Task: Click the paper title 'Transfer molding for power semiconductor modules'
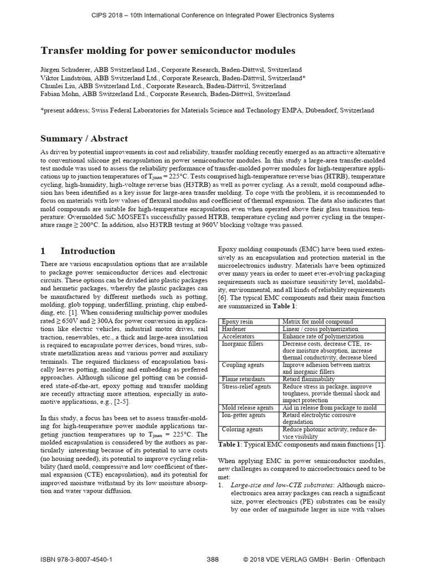168,50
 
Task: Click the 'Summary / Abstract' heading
84,138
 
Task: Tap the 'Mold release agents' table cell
247,408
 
